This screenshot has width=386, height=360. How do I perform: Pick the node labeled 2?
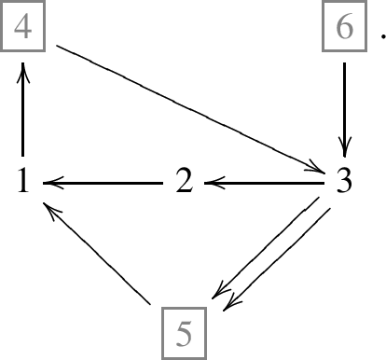[x=185, y=183]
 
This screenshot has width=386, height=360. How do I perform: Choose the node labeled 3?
[x=345, y=183]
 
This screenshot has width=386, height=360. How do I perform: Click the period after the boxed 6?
[x=380, y=38]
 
